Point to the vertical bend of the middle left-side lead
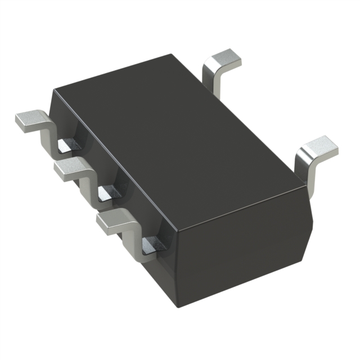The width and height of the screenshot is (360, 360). click(x=87, y=181)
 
